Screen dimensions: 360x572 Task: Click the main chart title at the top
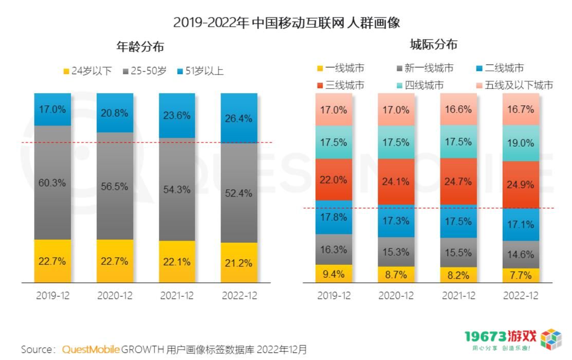tap(286, 23)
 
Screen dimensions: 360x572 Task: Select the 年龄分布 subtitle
tap(140, 47)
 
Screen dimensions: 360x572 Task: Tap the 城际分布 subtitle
tap(433, 45)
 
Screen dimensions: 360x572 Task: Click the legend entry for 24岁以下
tap(87, 71)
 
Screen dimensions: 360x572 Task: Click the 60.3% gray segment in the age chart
tap(52, 182)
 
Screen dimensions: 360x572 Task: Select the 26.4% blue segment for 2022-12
tap(238, 118)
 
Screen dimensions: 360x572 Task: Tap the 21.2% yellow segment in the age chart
tap(238, 262)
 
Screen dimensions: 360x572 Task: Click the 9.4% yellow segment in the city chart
tap(334, 274)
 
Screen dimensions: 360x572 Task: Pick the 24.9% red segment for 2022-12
tap(520, 185)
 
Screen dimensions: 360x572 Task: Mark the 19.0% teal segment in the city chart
tap(520, 143)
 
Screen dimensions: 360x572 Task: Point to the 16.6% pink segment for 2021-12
tap(458, 110)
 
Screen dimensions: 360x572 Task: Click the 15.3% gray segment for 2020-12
tap(396, 252)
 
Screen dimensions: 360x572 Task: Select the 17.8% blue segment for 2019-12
tap(334, 217)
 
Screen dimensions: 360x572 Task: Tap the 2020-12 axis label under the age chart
tap(115, 296)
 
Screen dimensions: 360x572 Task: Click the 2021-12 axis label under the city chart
tap(458, 296)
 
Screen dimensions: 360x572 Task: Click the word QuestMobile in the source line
tap(91, 350)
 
